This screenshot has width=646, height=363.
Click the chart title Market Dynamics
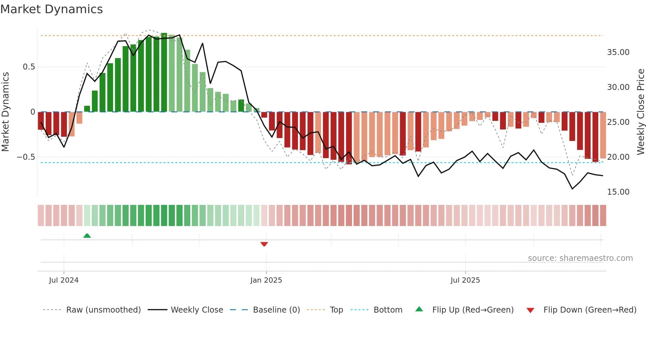coord(51,9)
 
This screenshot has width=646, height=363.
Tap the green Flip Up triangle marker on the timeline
coord(87,236)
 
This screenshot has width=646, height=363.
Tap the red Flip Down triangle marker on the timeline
coord(264,244)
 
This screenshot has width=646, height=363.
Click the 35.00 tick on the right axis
coord(618,52)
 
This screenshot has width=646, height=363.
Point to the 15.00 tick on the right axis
coord(618,192)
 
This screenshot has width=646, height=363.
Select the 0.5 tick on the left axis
coord(29,67)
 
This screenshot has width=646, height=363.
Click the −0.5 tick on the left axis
coord(26,157)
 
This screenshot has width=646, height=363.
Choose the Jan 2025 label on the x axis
coord(266,280)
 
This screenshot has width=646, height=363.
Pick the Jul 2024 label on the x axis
coord(64,280)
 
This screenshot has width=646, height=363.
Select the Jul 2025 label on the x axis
coord(465,280)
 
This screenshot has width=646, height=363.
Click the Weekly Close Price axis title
coord(640,112)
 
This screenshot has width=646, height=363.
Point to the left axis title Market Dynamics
coord(5,112)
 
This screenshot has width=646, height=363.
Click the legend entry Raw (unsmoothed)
coord(103,310)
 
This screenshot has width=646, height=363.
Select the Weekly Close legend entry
coord(197,310)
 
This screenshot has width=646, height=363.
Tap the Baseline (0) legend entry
coord(276,310)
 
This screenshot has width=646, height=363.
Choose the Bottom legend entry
coord(388,310)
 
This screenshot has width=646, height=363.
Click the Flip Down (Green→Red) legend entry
coord(590,310)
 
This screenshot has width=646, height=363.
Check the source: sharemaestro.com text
coord(580,258)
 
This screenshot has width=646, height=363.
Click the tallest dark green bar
coord(164,72)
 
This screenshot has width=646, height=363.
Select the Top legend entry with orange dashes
coord(336,310)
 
